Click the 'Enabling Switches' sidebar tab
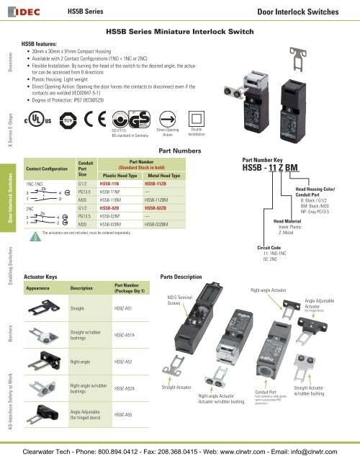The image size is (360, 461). [x=9, y=244]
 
